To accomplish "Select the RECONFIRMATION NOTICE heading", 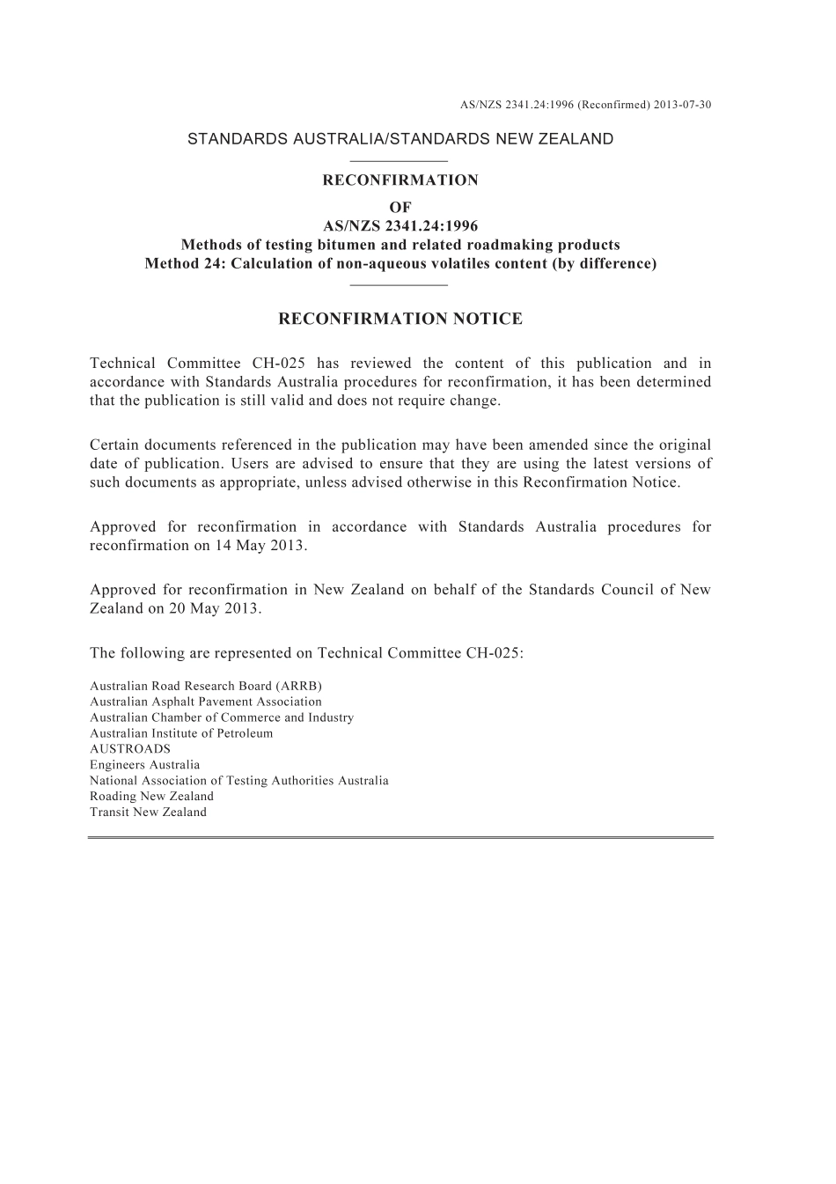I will click(400, 319).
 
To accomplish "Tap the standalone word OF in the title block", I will click(400, 208).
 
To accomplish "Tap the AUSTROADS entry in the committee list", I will click(130, 749).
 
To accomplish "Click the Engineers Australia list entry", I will click(144, 765).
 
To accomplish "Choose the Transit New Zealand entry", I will click(148, 813).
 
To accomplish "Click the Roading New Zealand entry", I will click(151, 797).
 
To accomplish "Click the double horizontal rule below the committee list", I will click(400, 837).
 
